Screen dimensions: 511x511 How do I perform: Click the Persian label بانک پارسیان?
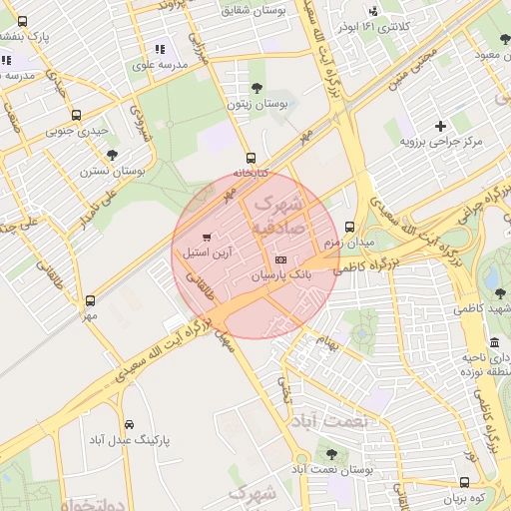tap(281, 273)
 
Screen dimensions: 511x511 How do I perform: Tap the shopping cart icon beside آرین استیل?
tap(207, 238)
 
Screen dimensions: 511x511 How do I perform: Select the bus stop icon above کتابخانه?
tap(251, 157)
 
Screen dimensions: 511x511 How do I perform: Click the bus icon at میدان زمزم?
tap(348, 227)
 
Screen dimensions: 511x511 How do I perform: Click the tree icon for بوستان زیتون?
tap(257, 88)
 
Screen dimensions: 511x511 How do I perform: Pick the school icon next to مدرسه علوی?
tap(159, 49)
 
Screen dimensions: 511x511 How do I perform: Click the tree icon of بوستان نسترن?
tap(112, 155)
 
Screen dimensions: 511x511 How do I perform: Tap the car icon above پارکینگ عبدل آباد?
tap(130, 423)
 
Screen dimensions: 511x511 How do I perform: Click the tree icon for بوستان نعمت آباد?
tap(333, 453)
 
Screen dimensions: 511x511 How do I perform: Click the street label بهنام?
tap(328, 343)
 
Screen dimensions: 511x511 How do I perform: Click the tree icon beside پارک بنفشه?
tap(23, 20)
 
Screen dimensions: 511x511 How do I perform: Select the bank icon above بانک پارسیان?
tap(278, 258)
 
